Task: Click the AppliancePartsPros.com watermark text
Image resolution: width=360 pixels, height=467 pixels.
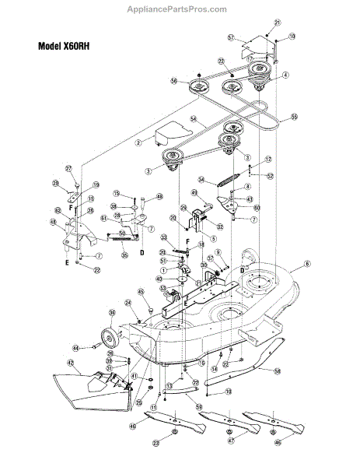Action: [x=180, y=9]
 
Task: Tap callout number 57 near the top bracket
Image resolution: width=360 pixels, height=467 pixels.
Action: [x=232, y=37]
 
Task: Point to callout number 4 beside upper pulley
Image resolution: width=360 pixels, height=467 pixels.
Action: [x=286, y=75]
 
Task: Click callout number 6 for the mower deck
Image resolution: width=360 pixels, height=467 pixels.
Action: [x=307, y=265]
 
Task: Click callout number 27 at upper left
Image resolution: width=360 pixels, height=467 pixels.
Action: [x=68, y=169]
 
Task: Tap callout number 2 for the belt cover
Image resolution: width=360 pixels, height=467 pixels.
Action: [x=138, y=142]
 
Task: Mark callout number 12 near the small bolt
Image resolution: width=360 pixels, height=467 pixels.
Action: [x=268, y=160]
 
